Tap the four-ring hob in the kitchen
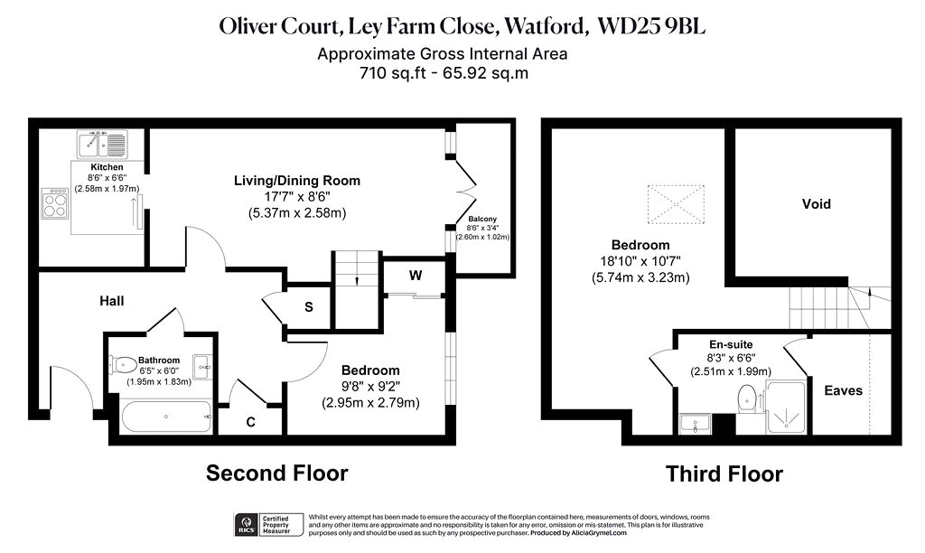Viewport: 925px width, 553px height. (54, 203)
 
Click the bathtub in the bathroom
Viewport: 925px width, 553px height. (166, 417)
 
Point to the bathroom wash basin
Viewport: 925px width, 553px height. (202, 367)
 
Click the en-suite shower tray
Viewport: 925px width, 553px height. (786, 408)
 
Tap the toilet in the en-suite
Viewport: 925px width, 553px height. (747, 399)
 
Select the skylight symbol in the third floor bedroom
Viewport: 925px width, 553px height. (676, 204)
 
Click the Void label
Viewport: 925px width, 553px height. (817, 204)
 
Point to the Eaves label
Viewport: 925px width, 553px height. (843, 390)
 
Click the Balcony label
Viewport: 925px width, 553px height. (482, 219)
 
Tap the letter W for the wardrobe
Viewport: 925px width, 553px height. (416, 276)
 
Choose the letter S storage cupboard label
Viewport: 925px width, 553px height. (309, 307)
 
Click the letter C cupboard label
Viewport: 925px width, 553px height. (251, 422)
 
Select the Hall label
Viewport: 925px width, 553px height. (111, 301)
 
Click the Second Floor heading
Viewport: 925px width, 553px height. (276, 473)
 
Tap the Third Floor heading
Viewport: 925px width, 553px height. (724, 473)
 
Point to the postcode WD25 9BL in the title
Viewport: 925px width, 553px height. (651, 26)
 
